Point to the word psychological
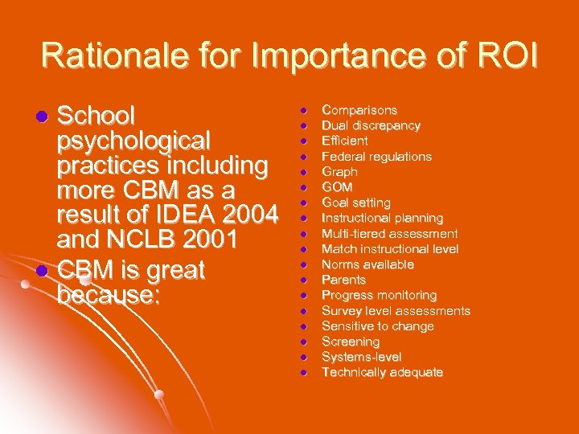tap(133, 141)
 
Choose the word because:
tap(109, 294)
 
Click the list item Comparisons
tap(359, 110)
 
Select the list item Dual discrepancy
tap(371, 125)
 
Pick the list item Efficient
tap(344, 141)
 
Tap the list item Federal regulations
tap(376, 156)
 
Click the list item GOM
tap(337, 187)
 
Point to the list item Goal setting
tap(355, 203)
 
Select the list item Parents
tap(343, 280)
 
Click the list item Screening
tap(351, 342)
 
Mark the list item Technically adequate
tap(382, 372)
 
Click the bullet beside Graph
tap(305, 172)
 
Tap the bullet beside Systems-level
tap(305, 357)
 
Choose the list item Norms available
tap(368, 264)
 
